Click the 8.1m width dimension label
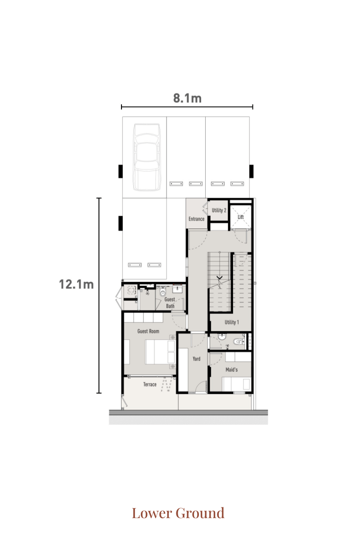click(187, 98)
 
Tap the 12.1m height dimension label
click(76, 284)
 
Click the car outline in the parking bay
click(147, 157)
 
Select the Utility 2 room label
click(219, 210)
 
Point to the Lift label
click(241, 217)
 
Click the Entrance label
click(196, 219)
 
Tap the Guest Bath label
click(170, 303)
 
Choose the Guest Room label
click(148, 331)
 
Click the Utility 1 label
click(232, 322)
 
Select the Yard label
click(196, 358)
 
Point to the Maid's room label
click(231, 370)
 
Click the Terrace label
click(150, 384)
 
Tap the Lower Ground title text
click(178, 513)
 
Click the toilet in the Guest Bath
click(162, 291)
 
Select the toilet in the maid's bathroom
click(239, 341)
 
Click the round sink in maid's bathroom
click(222, 336)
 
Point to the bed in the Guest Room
click(160, 352)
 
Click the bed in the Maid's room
click(237, 384)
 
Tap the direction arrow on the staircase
click(220, 277)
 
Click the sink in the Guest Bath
click(177, 289)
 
